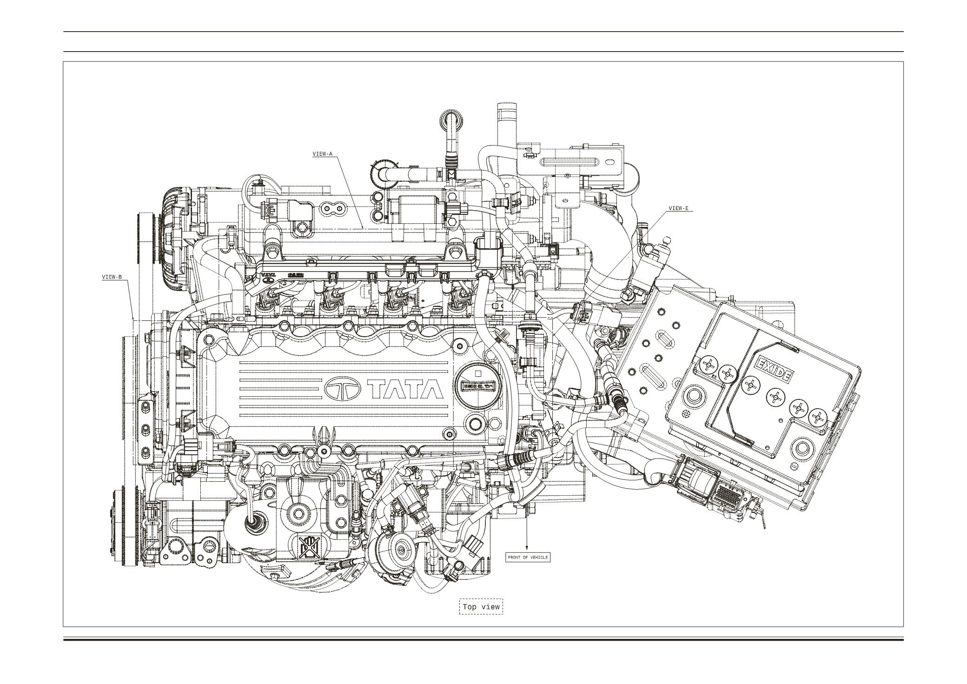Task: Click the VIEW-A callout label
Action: [x=323, y=154]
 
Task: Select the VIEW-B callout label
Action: [x=112, y=277]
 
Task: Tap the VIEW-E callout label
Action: [x=678, y=208]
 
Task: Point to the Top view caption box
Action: [x=481, y=606]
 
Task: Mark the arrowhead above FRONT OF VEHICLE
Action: [x=527, y=547]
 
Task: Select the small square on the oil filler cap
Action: [x=478, y=373]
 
